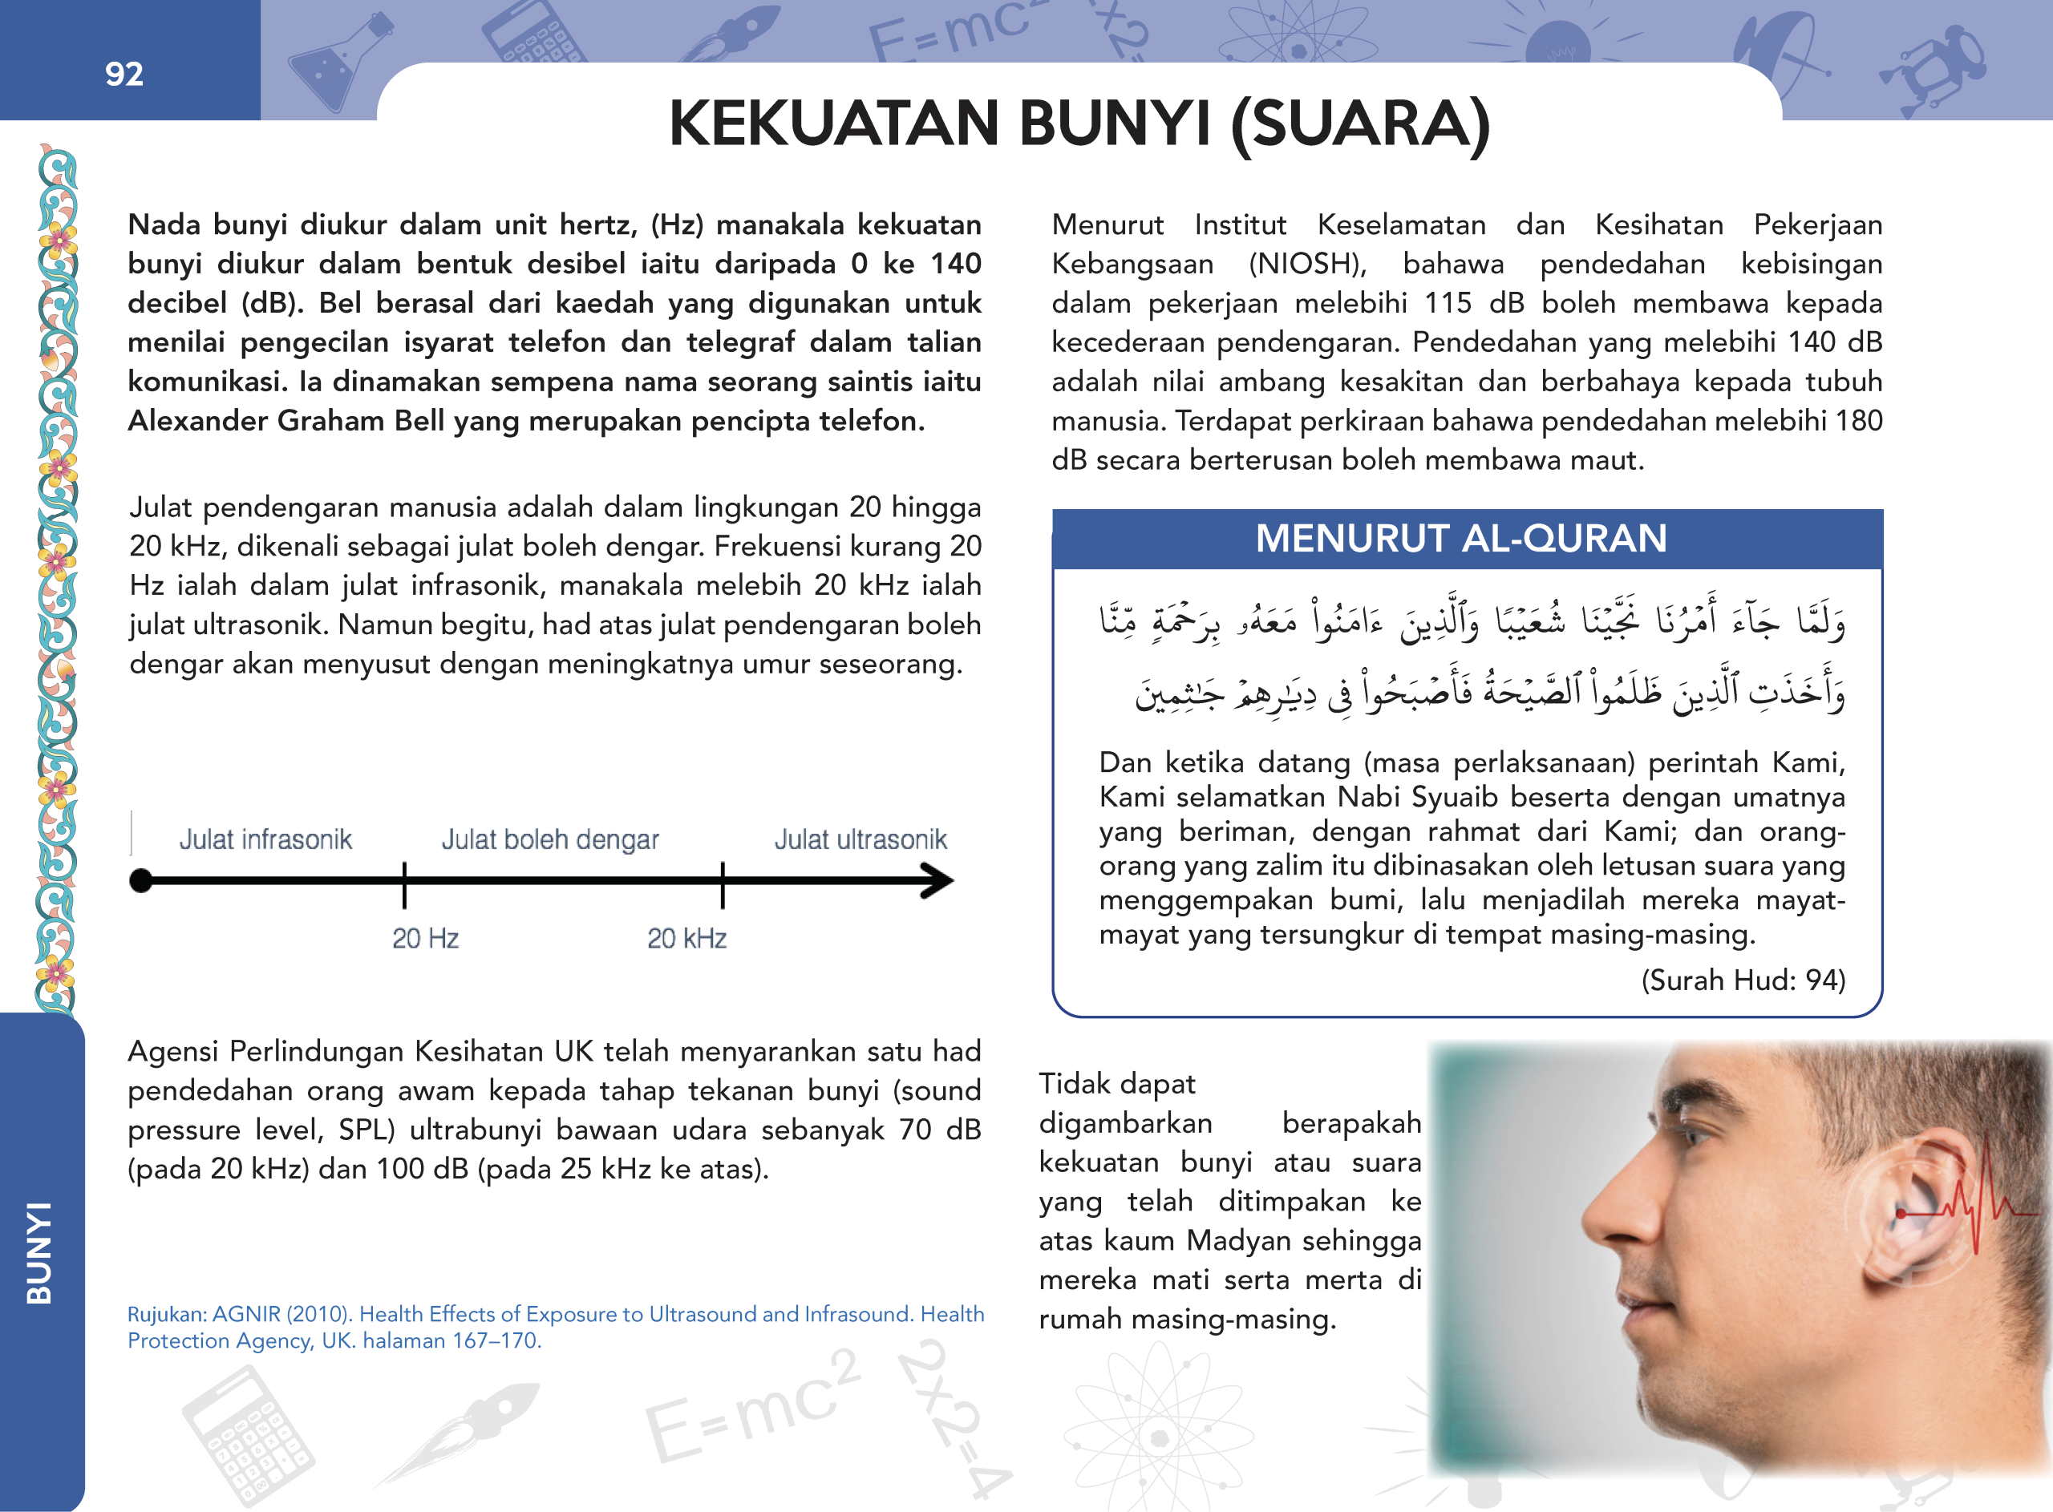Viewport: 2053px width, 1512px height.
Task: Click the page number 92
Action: click(124, 74)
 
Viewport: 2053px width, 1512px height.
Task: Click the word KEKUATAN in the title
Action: click(833, 123)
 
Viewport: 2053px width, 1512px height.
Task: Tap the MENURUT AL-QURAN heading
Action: click(1461, 538)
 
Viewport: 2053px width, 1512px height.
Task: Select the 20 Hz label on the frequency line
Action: click(425, 938)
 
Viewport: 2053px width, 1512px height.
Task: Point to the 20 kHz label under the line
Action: click(686, 938)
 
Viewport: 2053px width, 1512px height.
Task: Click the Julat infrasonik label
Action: click(265, 839)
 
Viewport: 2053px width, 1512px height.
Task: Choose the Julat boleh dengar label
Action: click(550, 839)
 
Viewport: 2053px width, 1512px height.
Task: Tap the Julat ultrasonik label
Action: click(860, 839)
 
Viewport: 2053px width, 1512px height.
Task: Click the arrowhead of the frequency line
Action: click(938, 881)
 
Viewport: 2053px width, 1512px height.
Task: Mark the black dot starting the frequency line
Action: click(141, 880)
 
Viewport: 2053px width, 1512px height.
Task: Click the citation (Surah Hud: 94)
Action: click(1743, 980)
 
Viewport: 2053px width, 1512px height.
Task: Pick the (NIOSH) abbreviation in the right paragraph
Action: click(1307, 265)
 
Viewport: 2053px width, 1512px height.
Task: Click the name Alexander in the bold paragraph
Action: click(196, 421)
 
